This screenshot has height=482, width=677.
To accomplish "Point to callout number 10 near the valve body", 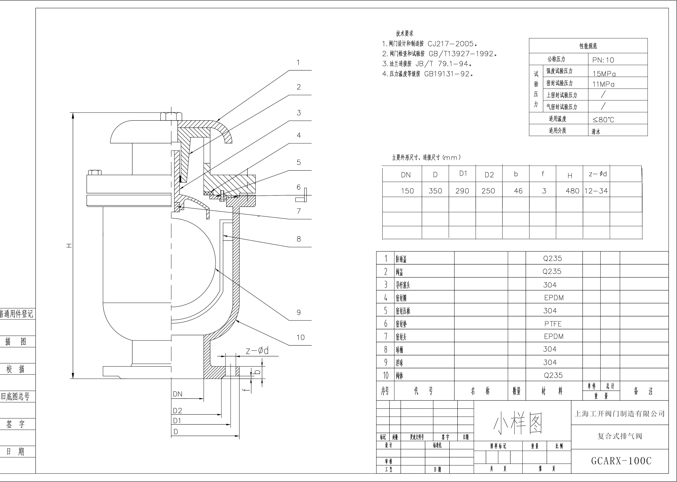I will (x=300, y=337).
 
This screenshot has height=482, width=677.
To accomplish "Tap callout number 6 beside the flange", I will (x=299, y=187).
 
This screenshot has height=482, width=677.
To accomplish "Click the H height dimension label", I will (x=69, y=246).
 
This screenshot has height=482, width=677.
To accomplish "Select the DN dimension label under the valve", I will (x=178, y=394).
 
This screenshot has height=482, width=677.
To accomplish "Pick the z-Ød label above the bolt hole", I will (x=257, y=351).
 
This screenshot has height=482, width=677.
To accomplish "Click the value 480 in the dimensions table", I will (x=572, y=191).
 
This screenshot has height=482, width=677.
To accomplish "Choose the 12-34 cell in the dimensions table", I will (x=596, y=191).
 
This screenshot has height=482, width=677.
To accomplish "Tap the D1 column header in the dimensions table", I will (x=463, y=174).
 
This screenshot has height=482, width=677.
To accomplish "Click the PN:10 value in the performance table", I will (x=603, y=60).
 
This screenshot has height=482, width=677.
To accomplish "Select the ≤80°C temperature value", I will (x=603, y=120).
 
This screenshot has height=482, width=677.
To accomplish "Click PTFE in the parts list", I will (x=553, y=324).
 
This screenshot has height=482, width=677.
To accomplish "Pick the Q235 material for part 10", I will (x=553, y=375).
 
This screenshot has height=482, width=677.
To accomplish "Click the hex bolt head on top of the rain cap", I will (x=171, y=116).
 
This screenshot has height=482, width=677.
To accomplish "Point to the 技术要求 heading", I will (x=404, y=33).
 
